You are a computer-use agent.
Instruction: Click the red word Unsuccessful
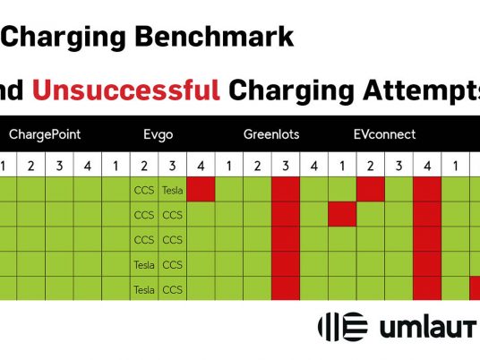coord(126,90)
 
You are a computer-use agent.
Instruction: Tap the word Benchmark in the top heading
coord(214,37)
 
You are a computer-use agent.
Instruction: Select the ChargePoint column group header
coord(45,134)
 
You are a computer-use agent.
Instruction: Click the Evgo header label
coord(158,135)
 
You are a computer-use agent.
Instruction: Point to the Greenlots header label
coord(271,134)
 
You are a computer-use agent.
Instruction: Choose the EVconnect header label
coord(384,134)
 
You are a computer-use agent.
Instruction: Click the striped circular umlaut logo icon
coord(343,327)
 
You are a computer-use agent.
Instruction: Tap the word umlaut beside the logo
coord(428,328)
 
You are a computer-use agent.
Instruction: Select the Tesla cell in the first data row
coord(172,191)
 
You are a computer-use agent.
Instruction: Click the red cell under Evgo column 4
coord(201,189)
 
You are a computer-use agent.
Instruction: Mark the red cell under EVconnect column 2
coord(371,189)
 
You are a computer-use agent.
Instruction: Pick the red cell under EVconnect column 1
coord(342,214)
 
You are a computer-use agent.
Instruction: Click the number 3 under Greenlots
coord(286,166)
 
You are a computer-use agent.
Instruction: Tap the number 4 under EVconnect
coord(427,166)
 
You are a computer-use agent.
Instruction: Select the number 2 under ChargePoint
coord(31,166)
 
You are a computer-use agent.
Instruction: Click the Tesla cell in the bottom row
coord(144,289)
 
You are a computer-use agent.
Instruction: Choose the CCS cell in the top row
coord(144,191)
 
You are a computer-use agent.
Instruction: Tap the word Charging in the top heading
coord(64,38)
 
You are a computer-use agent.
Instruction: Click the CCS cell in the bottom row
coord(172,289)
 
